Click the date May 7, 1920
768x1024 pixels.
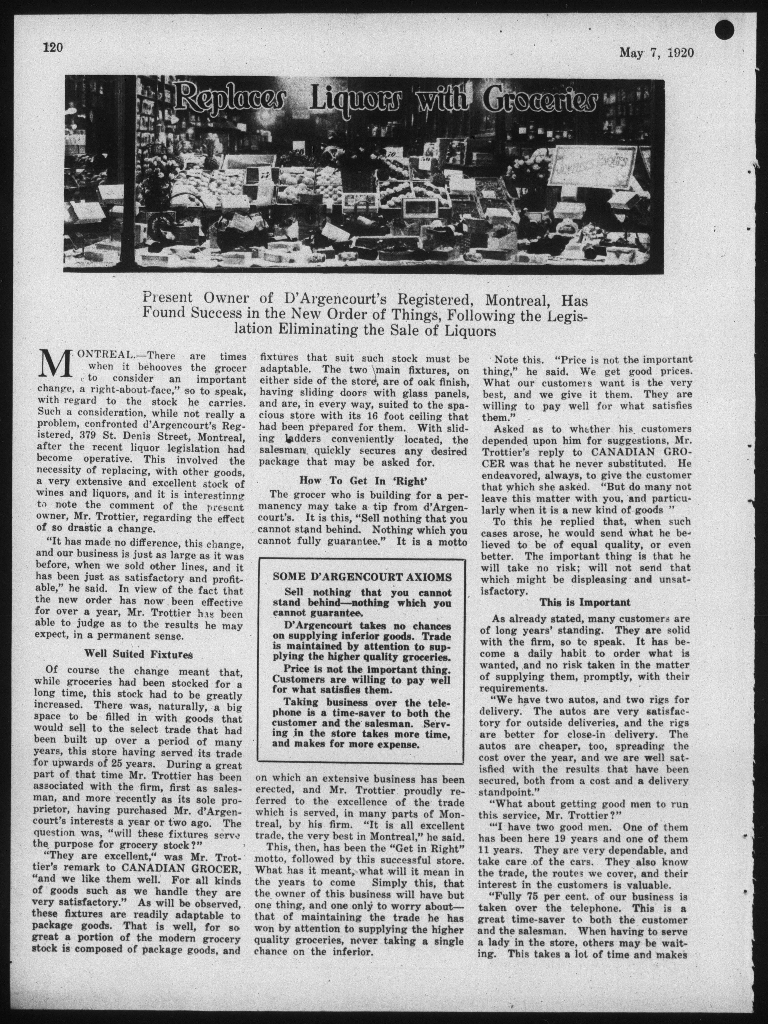tap(656, 52)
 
